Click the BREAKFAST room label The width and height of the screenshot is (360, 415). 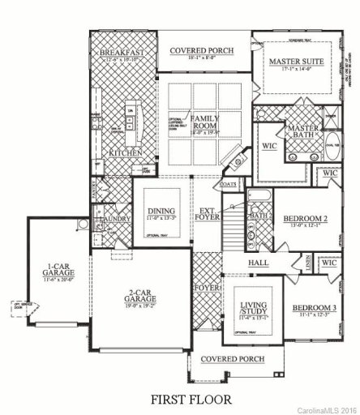pos(121,53)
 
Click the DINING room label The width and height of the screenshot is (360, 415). pos(161,212)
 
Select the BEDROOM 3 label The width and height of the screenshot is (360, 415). pos(312,309)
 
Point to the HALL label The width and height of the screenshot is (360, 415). pos(259,264)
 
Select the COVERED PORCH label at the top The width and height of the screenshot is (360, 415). pos(201,51)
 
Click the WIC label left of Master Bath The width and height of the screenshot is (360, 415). pos(269,148)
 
